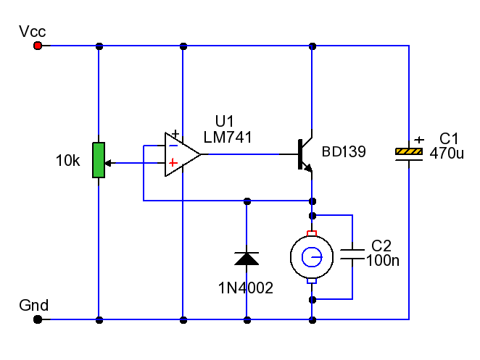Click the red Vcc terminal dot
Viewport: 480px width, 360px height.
(x=38, y=46)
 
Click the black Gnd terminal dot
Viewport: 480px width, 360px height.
(x=38, y=319)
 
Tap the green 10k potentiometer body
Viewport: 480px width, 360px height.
(x=99, y=160)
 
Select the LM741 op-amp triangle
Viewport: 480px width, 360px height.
(x=183, y=154)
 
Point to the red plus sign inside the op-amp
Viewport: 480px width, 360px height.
(x=173, y=162)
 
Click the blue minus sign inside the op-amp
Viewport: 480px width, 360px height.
(x=173, y=146)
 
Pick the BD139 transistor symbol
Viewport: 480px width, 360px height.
(x=305, y=154)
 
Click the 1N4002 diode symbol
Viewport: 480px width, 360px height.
(x=247, y=259)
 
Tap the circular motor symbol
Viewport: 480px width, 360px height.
(x=312, y=257)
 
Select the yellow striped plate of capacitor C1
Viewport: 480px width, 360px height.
(x=409, y=151)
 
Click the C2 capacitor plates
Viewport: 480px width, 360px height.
(x=352, y=254)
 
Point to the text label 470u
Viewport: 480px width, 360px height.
(x=447, y=153)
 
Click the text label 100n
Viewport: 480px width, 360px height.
(x=383, y=261)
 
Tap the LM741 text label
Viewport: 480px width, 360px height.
(x=228, y=138)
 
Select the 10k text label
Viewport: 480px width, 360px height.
(x=67, y=161)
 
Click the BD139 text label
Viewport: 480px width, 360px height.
(x=344, y=151)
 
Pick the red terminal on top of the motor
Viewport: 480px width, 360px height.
(x=312, y=233)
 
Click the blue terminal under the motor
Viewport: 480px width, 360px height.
(x=312, y=281)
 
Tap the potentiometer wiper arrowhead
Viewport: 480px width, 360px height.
(x=108, y=163)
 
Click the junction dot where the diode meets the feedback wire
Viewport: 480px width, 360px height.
(x=247, y=201)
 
